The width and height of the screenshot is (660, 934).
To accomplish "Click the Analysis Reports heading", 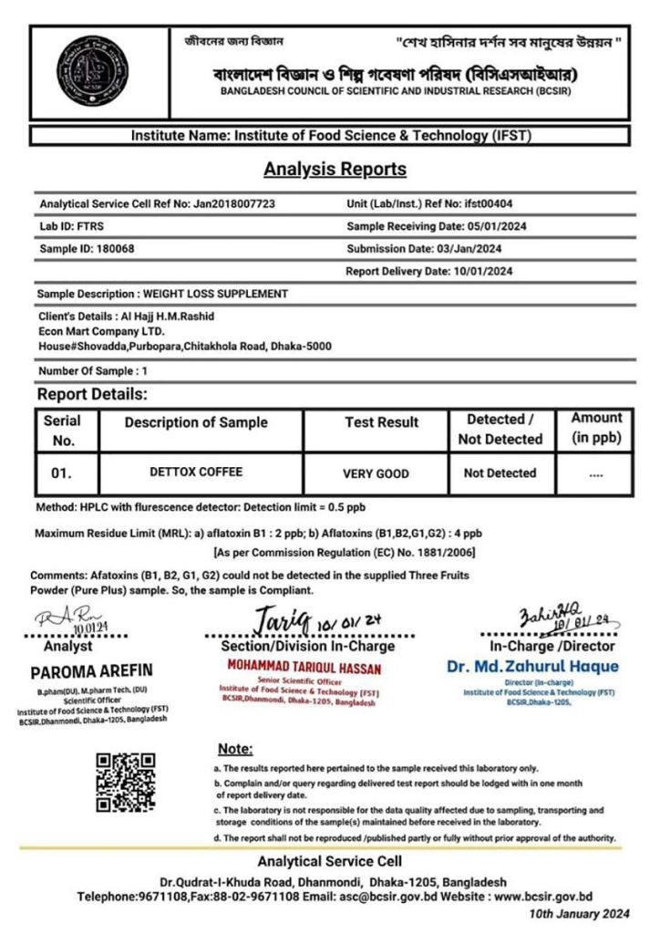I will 335,169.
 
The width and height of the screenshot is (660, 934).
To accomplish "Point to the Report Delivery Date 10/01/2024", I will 480,271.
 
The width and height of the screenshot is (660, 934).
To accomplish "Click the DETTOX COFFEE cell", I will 195,473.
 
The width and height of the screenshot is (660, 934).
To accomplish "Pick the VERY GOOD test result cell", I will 376,474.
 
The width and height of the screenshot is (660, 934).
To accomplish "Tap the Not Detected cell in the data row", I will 500,473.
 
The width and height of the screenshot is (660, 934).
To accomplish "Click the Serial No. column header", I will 62,430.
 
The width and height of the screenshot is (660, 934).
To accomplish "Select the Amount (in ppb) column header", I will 596,428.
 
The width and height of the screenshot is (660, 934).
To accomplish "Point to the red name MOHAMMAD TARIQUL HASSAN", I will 304,668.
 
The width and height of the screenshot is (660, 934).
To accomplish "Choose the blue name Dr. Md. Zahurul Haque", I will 532,667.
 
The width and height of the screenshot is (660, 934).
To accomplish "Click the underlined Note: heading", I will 235,749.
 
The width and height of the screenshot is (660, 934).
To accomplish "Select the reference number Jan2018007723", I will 234,203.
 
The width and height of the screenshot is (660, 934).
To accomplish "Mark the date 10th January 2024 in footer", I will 579,913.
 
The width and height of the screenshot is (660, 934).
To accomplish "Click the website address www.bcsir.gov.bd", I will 543,897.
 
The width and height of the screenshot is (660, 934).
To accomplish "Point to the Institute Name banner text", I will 330,135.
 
